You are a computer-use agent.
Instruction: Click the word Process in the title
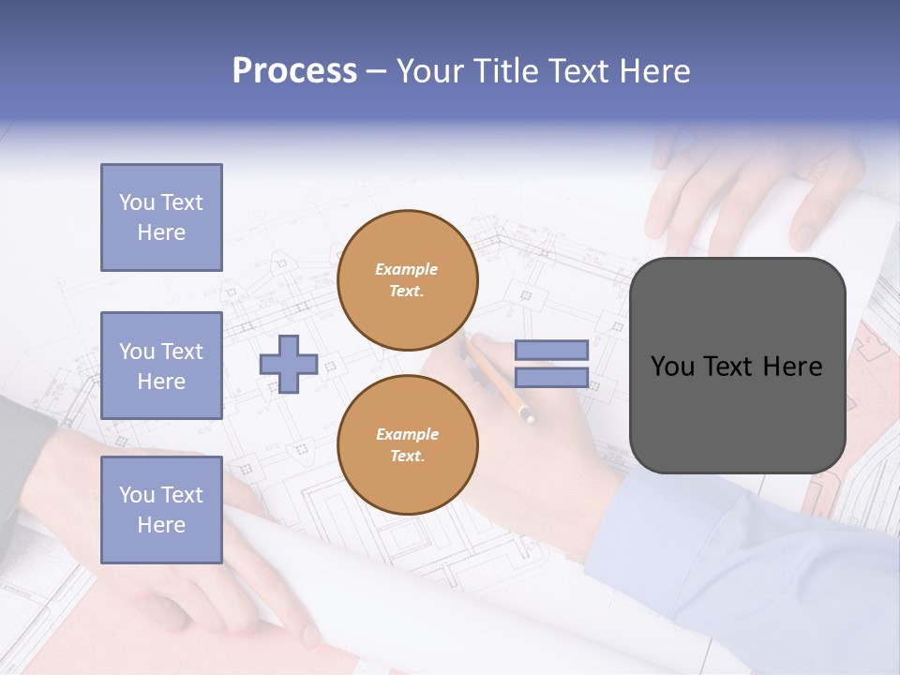(294, 71)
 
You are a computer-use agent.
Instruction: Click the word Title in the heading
(506, 71)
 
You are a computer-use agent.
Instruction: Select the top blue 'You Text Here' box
(161, 217)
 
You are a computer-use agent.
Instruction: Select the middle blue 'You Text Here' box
(161, 366)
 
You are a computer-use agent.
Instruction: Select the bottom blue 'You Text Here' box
(161, 510)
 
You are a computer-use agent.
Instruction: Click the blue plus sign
(289, 364)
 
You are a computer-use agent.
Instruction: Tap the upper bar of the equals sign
(551, 350)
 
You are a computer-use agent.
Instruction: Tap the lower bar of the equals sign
(551, 378)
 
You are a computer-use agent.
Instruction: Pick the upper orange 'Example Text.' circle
(407, 280)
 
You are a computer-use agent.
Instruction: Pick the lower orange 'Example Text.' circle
(407, 445)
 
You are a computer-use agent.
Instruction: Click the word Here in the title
(656, 71)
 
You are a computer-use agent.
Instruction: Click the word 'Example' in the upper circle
(406, 269)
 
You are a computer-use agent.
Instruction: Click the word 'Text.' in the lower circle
(406, 457)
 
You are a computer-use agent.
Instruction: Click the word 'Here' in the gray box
(792, 367)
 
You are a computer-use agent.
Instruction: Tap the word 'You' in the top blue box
(137, 202)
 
